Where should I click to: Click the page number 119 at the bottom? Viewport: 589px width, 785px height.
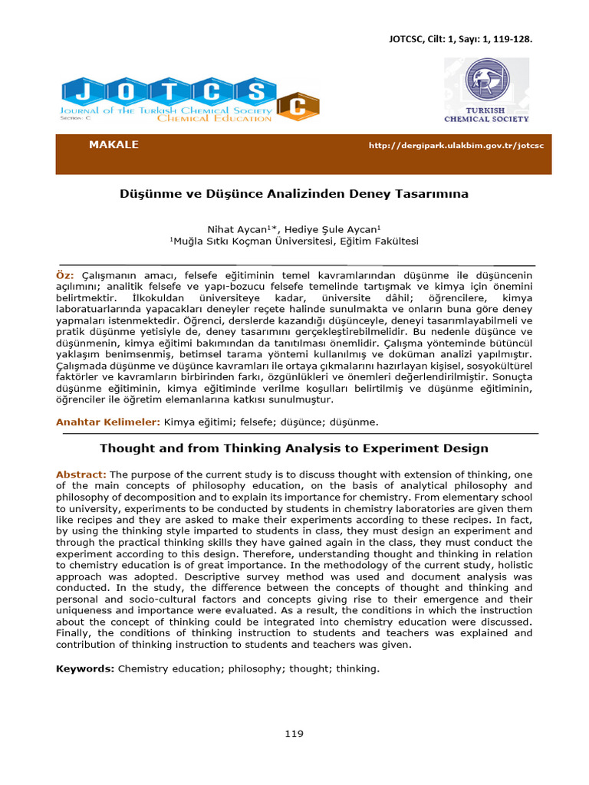(294, 734)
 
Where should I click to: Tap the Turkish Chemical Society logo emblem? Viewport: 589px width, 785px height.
(485, 84)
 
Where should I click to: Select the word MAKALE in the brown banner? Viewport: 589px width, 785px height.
(114, 145)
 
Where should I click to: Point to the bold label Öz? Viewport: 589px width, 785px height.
(64, 274)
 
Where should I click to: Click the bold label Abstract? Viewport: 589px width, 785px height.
(81, 475)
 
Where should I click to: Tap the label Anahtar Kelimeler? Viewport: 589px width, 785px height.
(107, 422)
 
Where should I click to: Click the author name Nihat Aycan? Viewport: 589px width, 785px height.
(236, 228)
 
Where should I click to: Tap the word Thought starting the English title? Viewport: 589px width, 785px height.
(125, 448)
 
